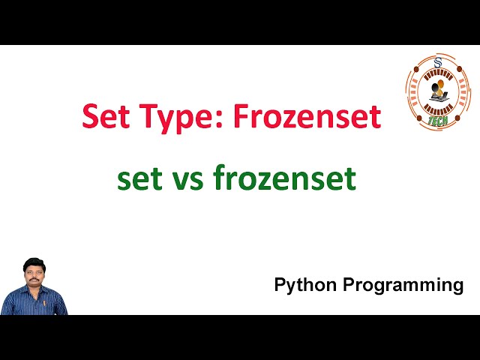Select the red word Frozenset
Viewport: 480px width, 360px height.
click(x=307, y=117)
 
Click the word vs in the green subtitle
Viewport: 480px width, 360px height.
click(x=187, y=180)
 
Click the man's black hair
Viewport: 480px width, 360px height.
click(x=33, y=262)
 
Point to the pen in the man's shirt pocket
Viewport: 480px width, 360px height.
click(x=44, y=303)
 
